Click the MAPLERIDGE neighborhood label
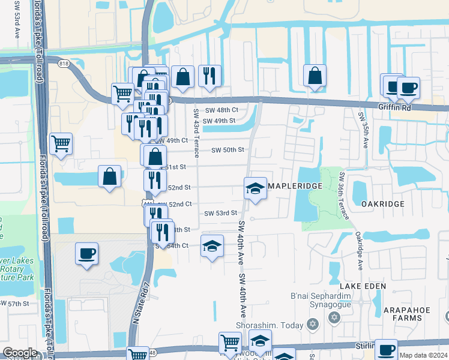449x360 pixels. tap(295, 187)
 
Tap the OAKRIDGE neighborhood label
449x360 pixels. tap(383, 204)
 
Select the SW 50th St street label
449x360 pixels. tap(228, 150)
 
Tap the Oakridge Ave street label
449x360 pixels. tap(358, 251)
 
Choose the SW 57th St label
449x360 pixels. tap(14, 304)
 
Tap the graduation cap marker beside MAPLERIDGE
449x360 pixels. tap(255, 188)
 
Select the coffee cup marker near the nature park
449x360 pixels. tap(86, 253)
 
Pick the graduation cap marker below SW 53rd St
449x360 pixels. tap(212, 247)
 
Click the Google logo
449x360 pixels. tap(20, 353)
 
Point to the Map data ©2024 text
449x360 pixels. tap(424, 355)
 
